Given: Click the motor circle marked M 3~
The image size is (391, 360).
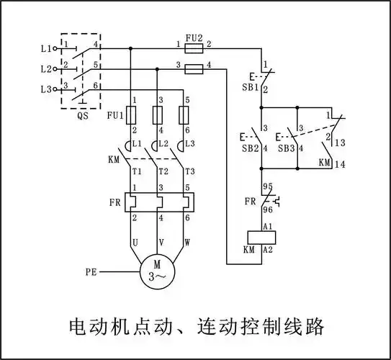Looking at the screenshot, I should point(158,271).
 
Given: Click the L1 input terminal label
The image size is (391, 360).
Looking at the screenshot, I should point(45,48).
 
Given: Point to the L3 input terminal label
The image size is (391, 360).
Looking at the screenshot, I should point(45,89).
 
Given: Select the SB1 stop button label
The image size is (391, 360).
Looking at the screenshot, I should point(250,87).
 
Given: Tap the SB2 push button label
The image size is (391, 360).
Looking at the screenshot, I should point(250,148).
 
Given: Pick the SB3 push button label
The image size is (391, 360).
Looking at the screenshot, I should point(287,148).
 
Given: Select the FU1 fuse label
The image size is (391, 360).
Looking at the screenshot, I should point(114,114).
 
